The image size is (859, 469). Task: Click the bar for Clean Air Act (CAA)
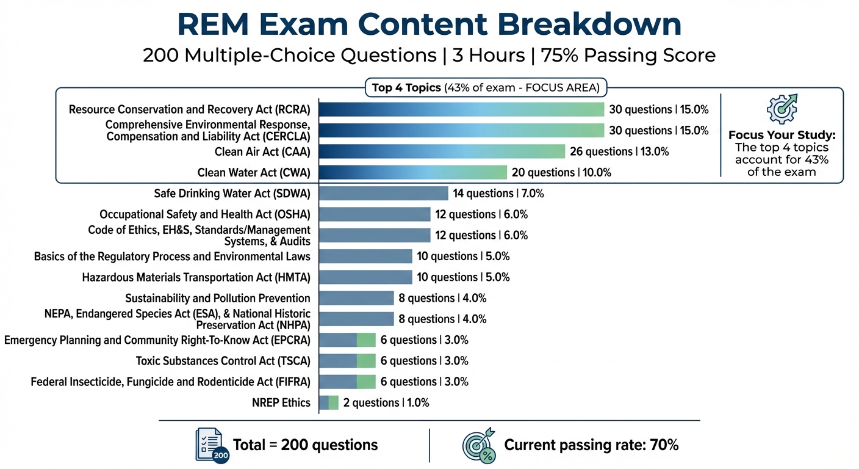click(442, 151)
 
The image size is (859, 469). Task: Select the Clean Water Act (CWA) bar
click(412, 172)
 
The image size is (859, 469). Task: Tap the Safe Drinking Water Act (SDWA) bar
click(384, 193)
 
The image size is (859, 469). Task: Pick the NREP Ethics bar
click(329, 402)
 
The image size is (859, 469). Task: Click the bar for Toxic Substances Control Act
click(347, 361)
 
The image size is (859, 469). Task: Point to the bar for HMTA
click(365, 277)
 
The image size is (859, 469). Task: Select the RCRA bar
click(461, 109)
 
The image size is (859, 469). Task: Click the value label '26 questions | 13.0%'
click(619, 151)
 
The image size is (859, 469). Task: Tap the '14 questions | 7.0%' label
click(498, 194)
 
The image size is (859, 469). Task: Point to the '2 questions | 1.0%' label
click(386, 402)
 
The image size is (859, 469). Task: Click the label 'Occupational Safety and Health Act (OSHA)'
click(205, 214)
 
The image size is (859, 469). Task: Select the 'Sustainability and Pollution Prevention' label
click(217, 298)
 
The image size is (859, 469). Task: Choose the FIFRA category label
click(170, 382)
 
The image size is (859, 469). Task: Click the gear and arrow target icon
click(782, 109)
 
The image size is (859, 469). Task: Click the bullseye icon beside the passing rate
click(479, 445)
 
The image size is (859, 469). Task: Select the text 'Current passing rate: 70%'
click(591, 445)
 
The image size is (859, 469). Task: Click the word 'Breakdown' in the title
click(589, 24)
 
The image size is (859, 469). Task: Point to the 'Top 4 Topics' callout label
click(406, 87)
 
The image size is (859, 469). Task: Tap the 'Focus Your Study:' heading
click(782, 135)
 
